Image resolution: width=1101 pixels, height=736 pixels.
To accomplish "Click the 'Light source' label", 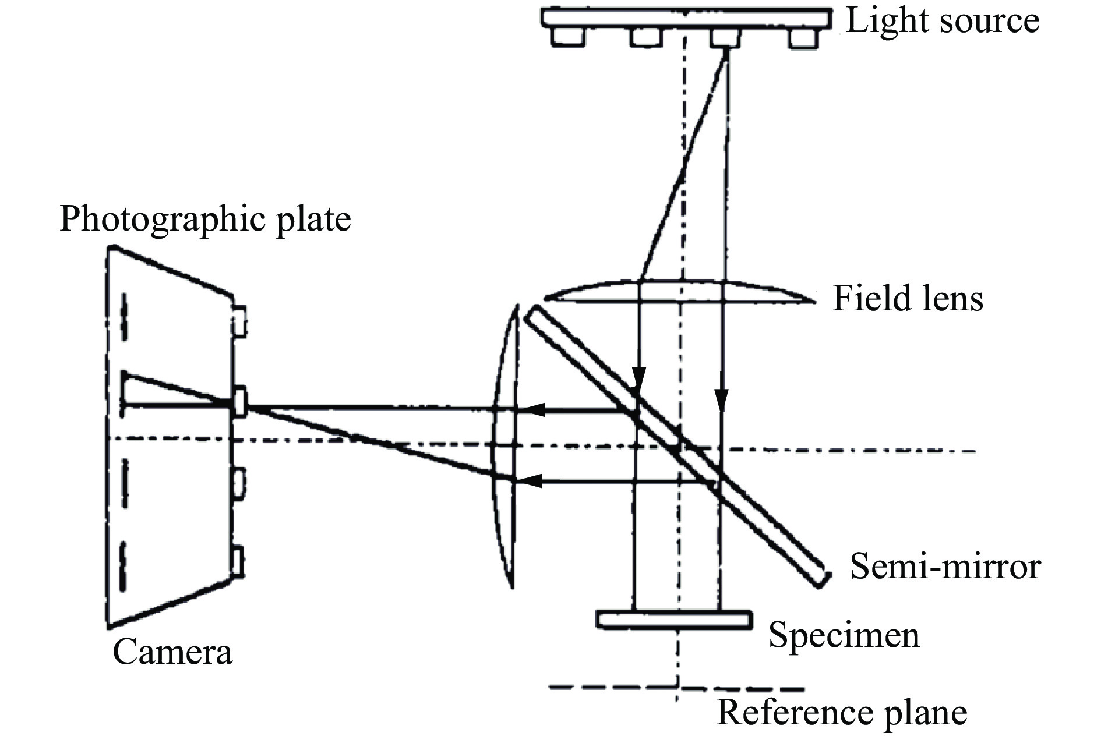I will (942, 21).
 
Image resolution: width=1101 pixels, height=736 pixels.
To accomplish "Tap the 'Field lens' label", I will (908, 299).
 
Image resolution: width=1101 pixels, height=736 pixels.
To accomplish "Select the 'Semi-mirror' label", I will (945, 566).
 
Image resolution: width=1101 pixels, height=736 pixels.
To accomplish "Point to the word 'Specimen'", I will (844, 635).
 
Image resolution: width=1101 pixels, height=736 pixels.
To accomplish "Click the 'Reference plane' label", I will (842, 712).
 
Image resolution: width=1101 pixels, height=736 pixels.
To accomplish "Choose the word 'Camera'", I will (172, 652).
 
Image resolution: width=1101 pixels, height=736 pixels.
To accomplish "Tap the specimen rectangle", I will (673, 620).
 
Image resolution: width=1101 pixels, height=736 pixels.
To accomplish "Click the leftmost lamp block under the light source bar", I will (568, 37).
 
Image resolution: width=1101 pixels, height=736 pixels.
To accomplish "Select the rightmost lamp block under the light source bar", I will (803, 38).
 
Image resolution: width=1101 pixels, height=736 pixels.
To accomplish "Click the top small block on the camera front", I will (239, 321).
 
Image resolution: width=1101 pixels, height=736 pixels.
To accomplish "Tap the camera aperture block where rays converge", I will (239, 402).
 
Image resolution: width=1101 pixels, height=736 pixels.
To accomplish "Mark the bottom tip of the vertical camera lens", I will (511, 587).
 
